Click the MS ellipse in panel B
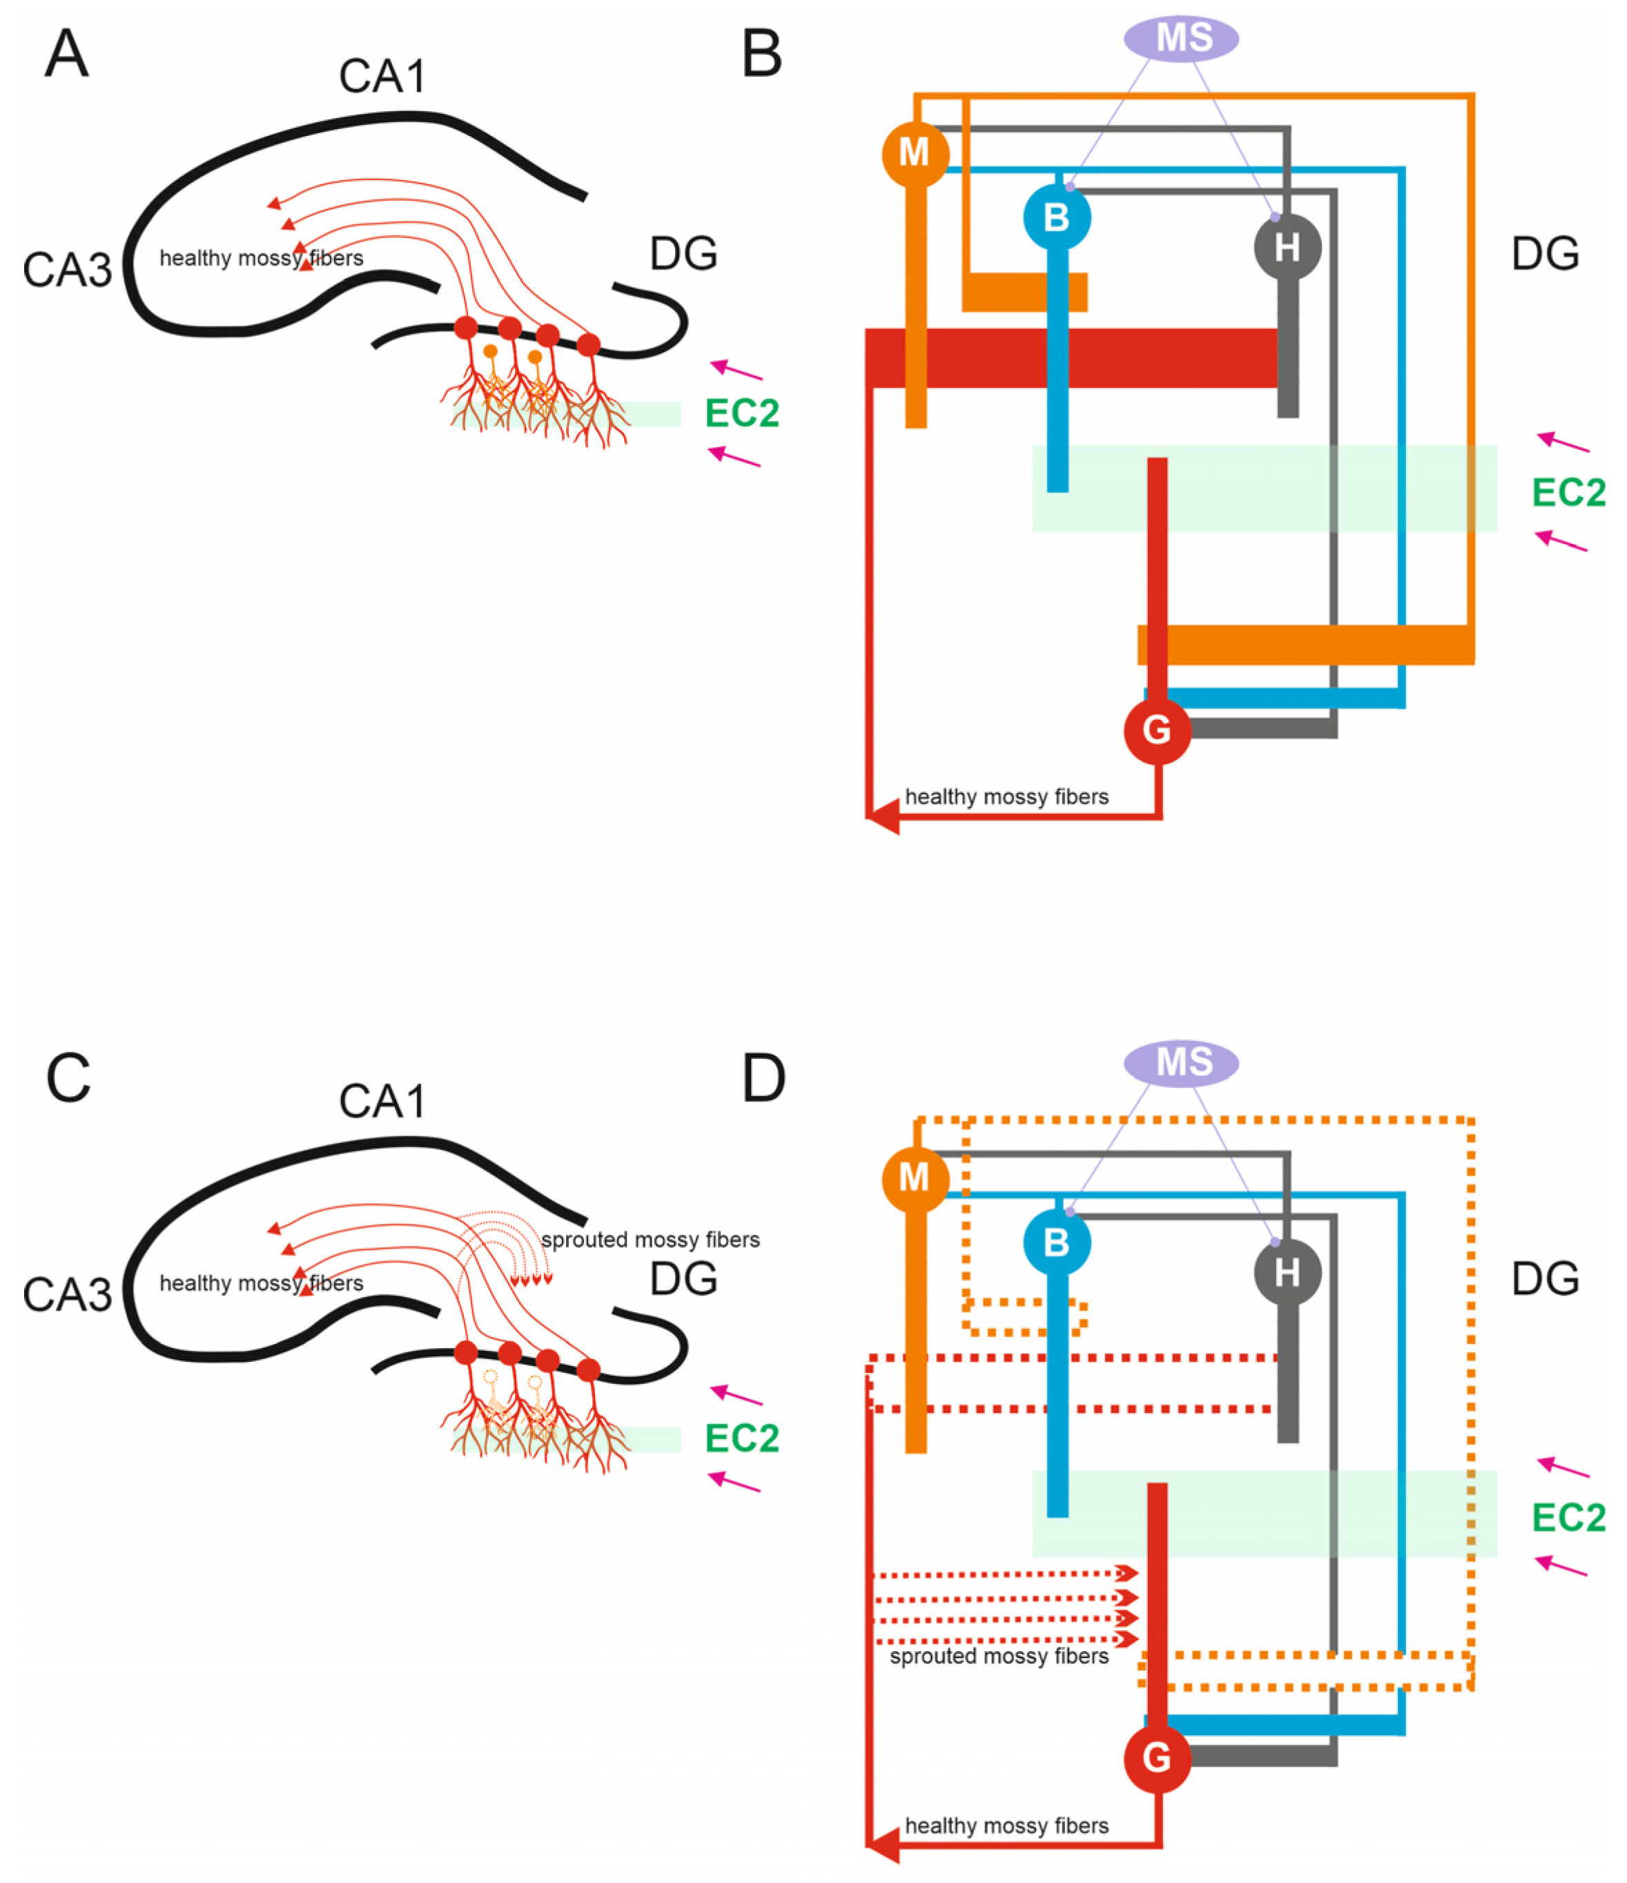coord(1180,38)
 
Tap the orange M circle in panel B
coord(915,153)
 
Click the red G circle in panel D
coord(1156,1759)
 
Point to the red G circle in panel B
coord(1156,730)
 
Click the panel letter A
coord(67,55)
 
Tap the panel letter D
coord(763,1079)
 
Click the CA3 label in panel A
coord(67,270)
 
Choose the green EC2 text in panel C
coord(741,1438)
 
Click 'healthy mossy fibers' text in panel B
coord(1006,797)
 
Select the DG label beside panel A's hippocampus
coord(683,253)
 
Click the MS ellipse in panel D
coord(1180,1062)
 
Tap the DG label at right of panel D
coord(1544,1278)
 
